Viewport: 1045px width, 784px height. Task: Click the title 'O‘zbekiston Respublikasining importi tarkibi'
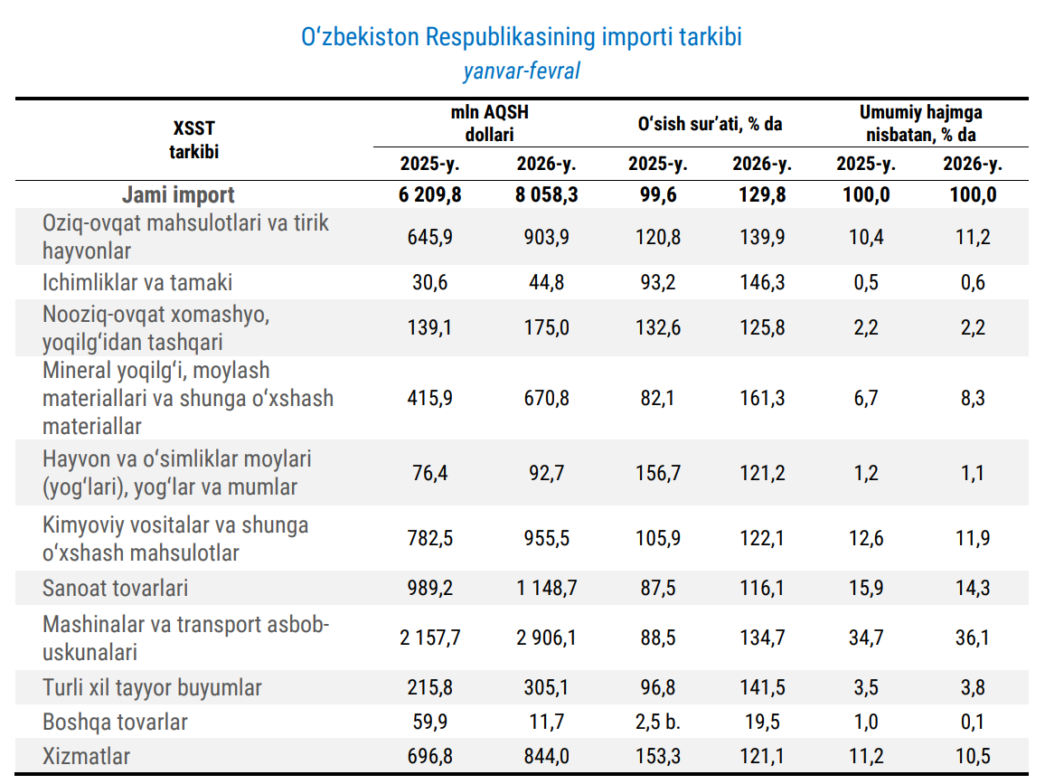tap(522, 38)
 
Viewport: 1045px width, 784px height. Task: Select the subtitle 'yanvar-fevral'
tap(522, 71)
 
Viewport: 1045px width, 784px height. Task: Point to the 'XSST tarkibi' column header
tap(194, 140)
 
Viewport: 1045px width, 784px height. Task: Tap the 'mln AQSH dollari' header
tap(489, 123)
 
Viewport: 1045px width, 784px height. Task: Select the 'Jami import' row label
tap(178, 194)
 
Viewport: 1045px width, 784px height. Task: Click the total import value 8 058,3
tap(546, 194)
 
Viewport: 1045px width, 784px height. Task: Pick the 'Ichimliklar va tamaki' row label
tap(137, 282)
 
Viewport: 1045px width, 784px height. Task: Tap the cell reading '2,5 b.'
tap(658, 722)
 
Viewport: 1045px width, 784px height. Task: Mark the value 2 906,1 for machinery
tap(546, 638)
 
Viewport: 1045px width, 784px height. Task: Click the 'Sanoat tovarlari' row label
tap(116, 588)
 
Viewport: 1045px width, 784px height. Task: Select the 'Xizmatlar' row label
tap(87, 756)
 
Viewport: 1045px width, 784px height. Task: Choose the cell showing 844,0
tap(546, 756)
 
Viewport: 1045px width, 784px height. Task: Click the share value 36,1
tap(973, 638)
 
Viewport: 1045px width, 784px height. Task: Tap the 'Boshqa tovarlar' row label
tap(116, 722)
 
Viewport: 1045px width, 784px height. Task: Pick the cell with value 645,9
tap(431, 237)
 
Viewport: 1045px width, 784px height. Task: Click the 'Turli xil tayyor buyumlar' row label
tap(153, 687)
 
